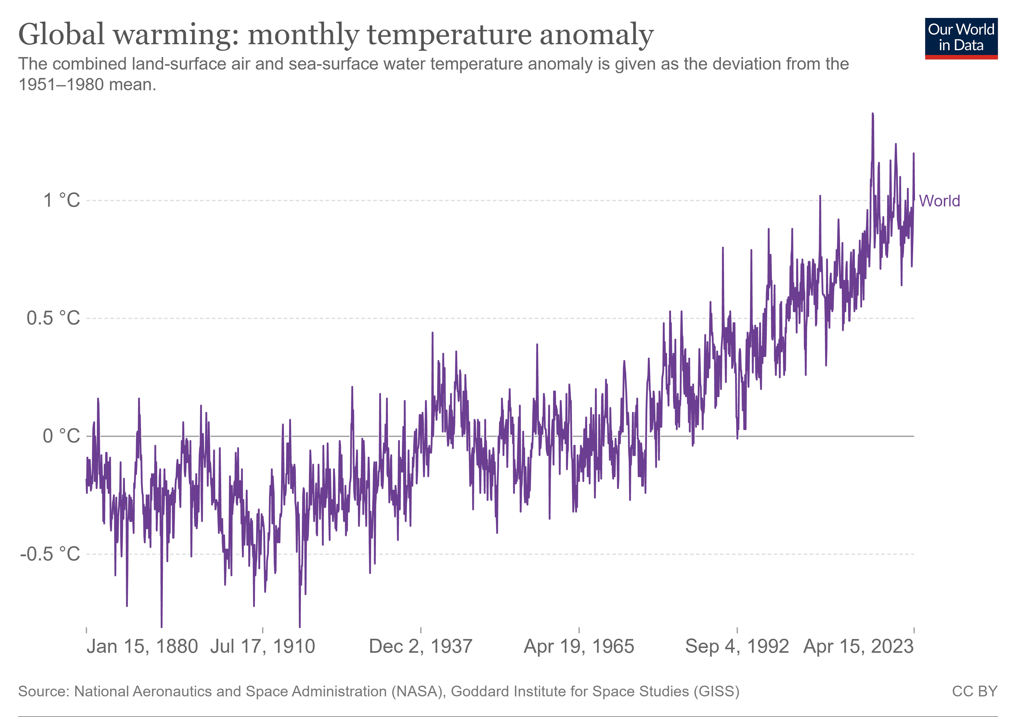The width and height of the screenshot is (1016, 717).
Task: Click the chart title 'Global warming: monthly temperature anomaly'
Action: click(x=335, y=34)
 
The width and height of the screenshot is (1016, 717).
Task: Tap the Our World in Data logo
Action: click(x=961, y=38)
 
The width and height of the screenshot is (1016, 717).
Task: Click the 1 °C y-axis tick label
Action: click(x=62, y=200)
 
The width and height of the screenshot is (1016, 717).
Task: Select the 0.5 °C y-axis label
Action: click(x=53, y=318)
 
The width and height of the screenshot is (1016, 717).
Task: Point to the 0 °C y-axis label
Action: click(x=62, y=436)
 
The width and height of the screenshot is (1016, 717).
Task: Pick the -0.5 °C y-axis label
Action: click(x=50, y=554)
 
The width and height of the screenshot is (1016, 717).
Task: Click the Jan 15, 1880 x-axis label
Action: click(x=142, y=646)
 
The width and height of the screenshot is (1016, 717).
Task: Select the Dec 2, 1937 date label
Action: click(x=420, y=646)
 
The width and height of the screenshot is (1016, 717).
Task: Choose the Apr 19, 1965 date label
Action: click(x=579, y=646)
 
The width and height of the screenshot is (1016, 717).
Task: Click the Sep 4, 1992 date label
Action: click(x=737, y=646)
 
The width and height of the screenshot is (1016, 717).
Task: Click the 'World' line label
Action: click(x=939, y=201)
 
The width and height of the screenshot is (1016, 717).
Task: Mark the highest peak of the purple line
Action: click(x=873, y=114)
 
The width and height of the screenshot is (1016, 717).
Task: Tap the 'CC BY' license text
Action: click(x=974, y=691)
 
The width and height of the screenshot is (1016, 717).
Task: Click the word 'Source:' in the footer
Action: click(x=44, y=691)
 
